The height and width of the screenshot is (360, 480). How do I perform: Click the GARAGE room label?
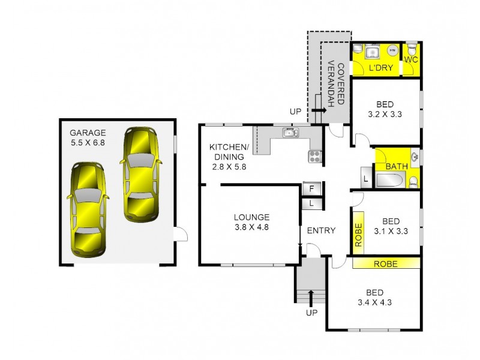tap(88, 133)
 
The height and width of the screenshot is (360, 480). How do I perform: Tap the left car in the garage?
tap(88, 208)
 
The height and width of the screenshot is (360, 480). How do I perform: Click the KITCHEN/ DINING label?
tap(229, 148)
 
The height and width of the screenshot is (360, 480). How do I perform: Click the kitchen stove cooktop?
tap(315, 157)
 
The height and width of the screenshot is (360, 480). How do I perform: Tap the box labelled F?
tap(311, 188)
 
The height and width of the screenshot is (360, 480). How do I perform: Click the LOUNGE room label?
tap(252, 217)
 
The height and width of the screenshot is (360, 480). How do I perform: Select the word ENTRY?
tap(321, 230)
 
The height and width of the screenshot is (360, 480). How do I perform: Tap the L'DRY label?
tap(381, 68)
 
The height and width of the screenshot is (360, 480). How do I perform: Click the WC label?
tap(411, 60)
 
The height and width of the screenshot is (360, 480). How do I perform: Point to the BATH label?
tap(397, 166)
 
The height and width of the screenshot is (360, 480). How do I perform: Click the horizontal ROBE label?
tap(386, 263)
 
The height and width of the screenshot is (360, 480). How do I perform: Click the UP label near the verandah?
tap(295, 112)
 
